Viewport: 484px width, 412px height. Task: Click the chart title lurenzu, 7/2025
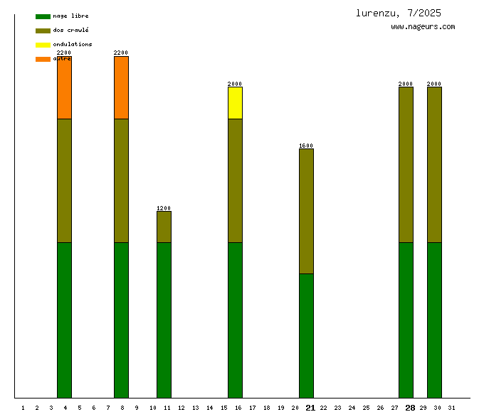coord(399,13)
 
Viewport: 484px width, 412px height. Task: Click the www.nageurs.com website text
coord(423,27)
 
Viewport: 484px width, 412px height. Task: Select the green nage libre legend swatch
coord(43,16)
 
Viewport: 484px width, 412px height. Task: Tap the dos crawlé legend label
coord(70,31)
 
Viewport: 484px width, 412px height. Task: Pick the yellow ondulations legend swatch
coord(43,45)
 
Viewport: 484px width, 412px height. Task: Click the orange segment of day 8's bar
coord(121,87)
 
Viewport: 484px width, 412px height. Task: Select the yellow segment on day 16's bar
coord(235,103)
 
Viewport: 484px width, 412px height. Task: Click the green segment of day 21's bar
coord(306,335)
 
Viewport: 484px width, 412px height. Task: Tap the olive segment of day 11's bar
coord(164,227)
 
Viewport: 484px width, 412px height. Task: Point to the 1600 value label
coord(306,146)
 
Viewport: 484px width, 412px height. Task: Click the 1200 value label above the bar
coord(164,208)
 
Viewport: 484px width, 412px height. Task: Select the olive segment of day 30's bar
coord(434,164)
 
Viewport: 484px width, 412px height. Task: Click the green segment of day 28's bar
coord(406,320)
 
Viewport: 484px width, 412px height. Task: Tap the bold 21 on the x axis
coord(310,408)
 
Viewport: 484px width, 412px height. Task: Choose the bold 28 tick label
coord(410,408)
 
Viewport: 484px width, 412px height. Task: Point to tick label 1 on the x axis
coord(23,408)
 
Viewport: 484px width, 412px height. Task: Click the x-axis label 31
coord(451,408)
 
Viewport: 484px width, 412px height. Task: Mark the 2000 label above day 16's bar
coord(235,84)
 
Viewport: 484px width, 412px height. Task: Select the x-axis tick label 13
coord(195,408)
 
